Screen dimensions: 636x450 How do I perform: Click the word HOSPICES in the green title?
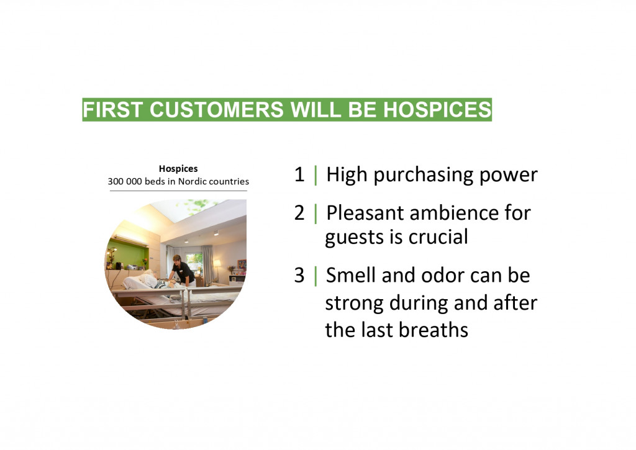tap(437, 109)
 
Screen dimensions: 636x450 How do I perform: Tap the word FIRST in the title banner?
tap(112, 109)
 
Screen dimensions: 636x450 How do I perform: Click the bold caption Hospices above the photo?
tap(178, 169)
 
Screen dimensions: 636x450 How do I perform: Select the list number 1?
tap(299, 174)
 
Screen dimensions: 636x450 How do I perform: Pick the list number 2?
tap(299, 213)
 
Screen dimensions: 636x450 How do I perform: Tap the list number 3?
tap(299, 275)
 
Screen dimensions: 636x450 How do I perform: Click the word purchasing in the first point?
tap(423, 176)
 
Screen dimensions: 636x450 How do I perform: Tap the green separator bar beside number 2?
tap(316, 214)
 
